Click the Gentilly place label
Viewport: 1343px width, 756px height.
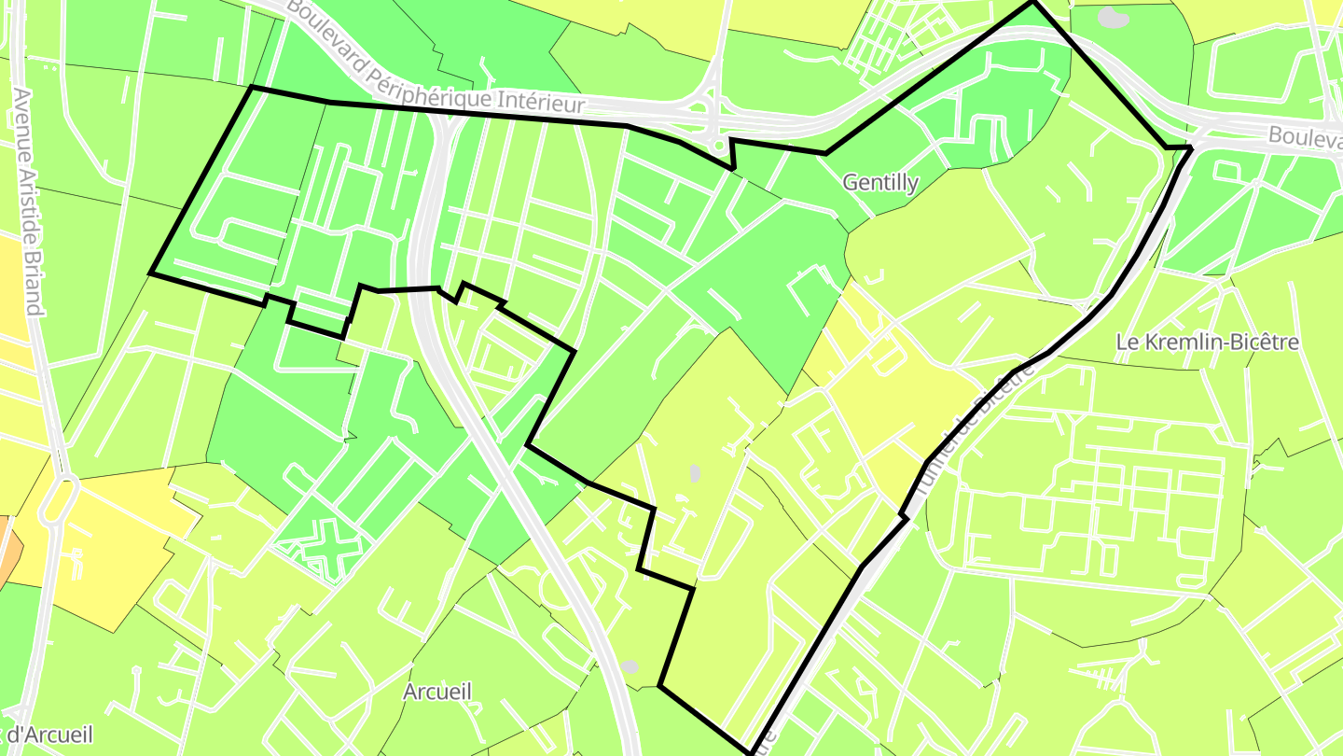click(x=879, y=183)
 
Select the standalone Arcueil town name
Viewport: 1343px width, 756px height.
click(x=437, y=692)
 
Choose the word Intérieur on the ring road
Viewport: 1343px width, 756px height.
click(x=540, y=101)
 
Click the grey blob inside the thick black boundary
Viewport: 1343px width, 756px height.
click(x=695, y=473)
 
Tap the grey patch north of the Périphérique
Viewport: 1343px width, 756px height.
click(x=1112, y=18)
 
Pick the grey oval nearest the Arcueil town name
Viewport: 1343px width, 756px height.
click(x=630, y=666)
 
